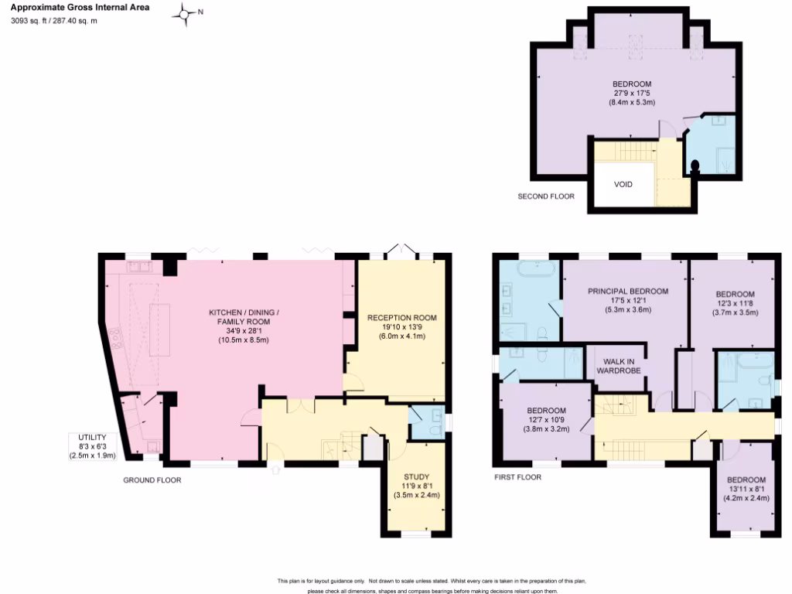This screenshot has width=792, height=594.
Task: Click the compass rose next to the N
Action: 186,13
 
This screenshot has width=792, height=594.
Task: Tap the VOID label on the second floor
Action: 623,185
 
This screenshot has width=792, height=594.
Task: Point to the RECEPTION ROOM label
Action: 402,318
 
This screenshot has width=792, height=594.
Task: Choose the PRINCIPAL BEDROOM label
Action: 627,292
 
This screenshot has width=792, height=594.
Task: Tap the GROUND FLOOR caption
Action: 152,480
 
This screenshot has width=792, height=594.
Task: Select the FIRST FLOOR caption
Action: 517,478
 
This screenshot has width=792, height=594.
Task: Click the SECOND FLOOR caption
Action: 546,196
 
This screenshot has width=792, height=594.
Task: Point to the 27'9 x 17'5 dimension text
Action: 631,94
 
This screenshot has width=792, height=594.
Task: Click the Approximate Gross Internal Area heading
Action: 80,8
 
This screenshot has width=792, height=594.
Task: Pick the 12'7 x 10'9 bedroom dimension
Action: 546,420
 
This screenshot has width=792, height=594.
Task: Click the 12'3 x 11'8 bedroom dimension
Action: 735,304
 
